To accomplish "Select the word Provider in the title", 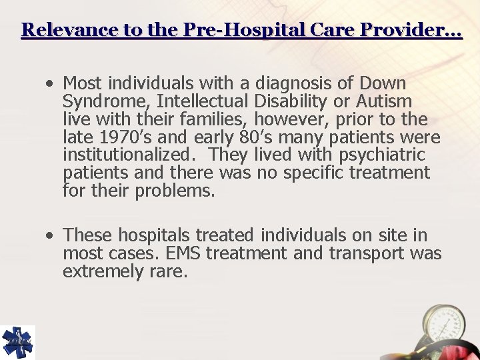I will point(406,31).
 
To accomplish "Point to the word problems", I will point(175,192).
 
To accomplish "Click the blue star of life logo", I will point(17,342).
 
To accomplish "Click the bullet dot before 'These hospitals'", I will point(51,236).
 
